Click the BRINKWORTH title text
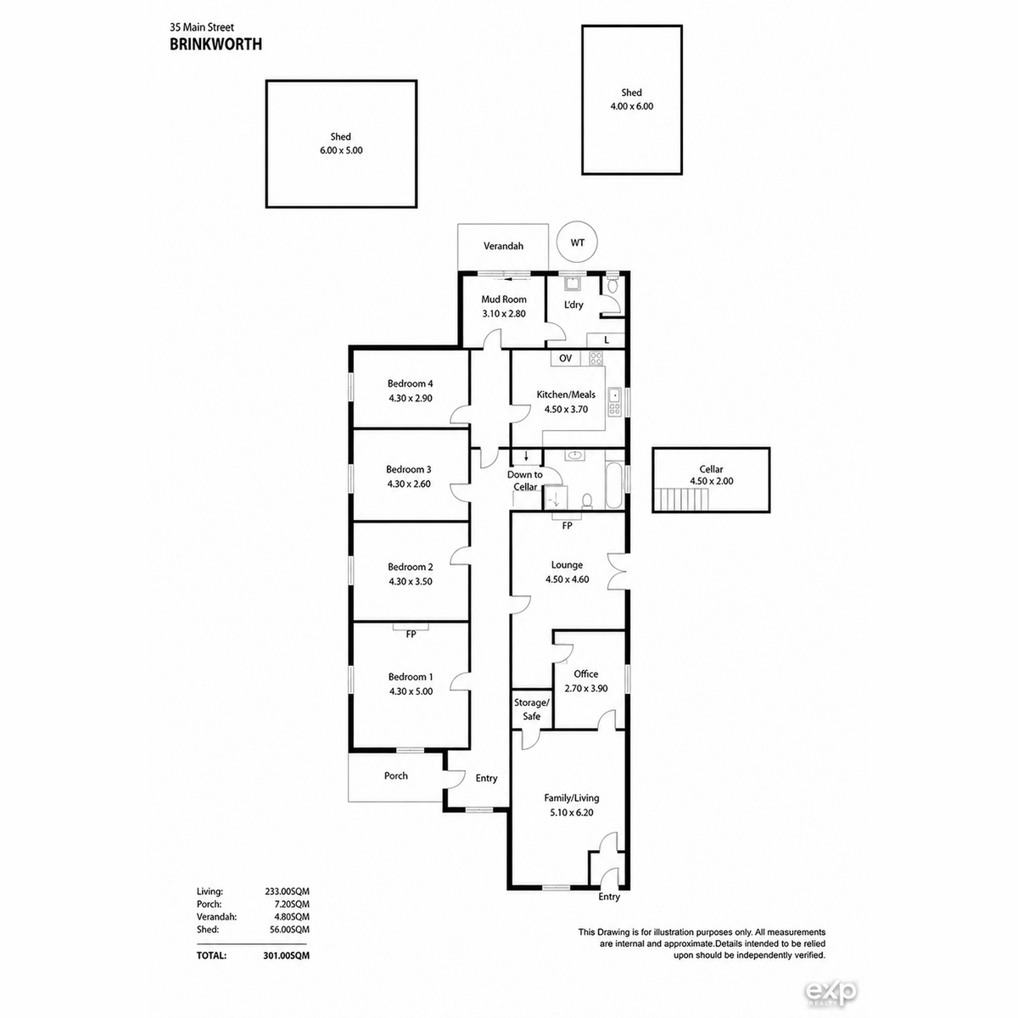[215, 44]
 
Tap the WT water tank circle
[578, 223]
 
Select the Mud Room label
[503, 299]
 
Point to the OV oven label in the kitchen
[565, 358]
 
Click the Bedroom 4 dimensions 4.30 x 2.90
[411, 399]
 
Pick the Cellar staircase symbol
[681, 499]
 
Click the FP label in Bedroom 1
[411, 634]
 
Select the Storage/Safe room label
[531, 709]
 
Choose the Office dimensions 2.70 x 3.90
[586, 688]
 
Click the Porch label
[395, 775]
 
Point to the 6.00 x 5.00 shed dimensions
[341, 150]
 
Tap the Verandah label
[503, 246]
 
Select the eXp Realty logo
[831, 993]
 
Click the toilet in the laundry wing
[612, 286]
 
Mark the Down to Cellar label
[524, 481]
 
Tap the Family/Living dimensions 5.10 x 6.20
[572, 813]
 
